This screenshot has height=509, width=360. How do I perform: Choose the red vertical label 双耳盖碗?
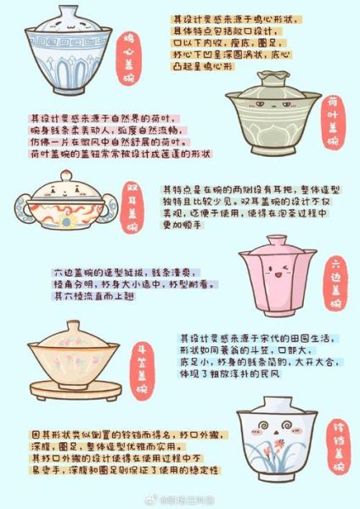click(132, 207)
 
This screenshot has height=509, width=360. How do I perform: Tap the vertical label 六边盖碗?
click(336, 283)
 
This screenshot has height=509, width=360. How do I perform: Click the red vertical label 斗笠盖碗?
click(142, 369)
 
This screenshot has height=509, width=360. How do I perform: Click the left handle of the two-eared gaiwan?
click(22, 206)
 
